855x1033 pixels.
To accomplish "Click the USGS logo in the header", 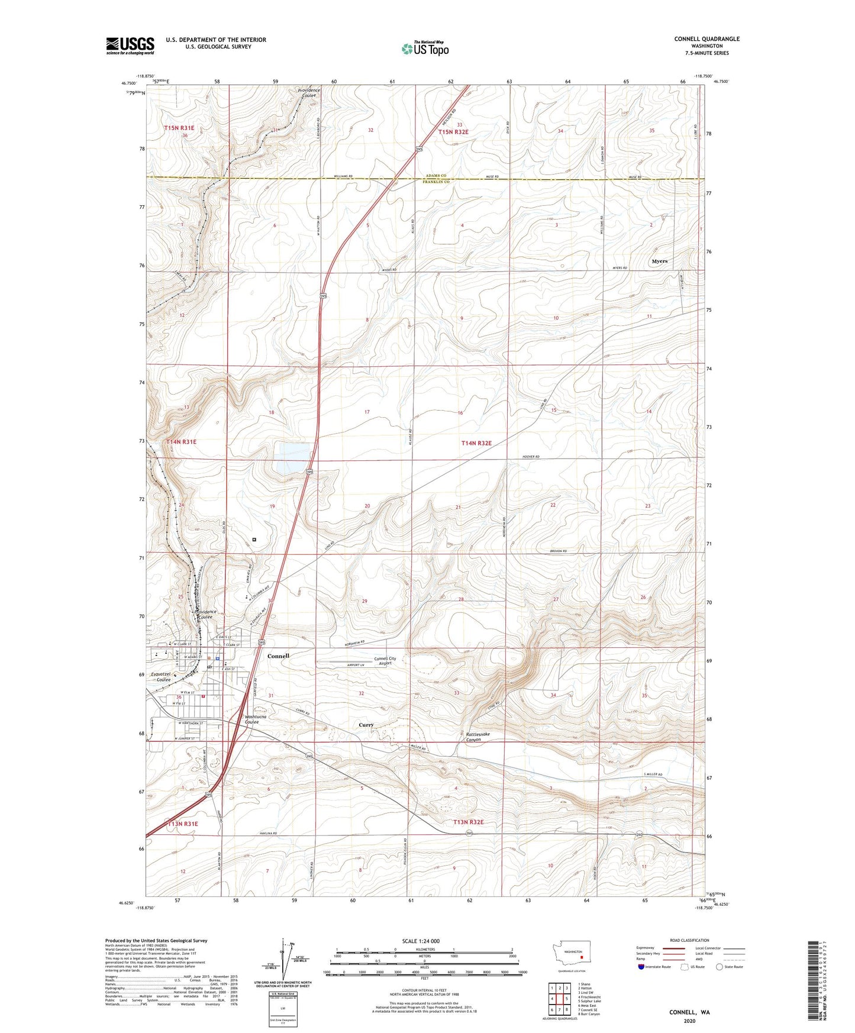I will click(130, 46).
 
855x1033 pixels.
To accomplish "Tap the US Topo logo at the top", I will click(425, 49).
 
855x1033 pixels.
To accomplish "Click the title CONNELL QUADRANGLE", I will click(706, 39).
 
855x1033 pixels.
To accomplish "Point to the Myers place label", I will click(659, 261).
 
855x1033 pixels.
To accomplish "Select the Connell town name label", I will click(278, 656).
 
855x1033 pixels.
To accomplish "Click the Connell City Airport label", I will click(385, 661).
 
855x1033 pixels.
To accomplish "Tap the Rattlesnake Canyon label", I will click(477, 737).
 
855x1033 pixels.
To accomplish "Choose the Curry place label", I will click(366, 725).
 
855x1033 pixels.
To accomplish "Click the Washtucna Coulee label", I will click(256, 719).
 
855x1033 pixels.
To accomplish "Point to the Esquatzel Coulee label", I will click(160, 677).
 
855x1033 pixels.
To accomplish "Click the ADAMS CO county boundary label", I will click(435, 176).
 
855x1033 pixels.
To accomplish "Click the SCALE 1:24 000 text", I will click(421, 941).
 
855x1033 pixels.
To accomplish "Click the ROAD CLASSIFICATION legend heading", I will click(689, 941).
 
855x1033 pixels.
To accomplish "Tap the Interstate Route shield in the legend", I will click(641, 967).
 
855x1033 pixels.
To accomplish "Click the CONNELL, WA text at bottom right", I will click(689, 1012).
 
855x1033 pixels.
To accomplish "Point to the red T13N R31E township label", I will click(182, 824).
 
